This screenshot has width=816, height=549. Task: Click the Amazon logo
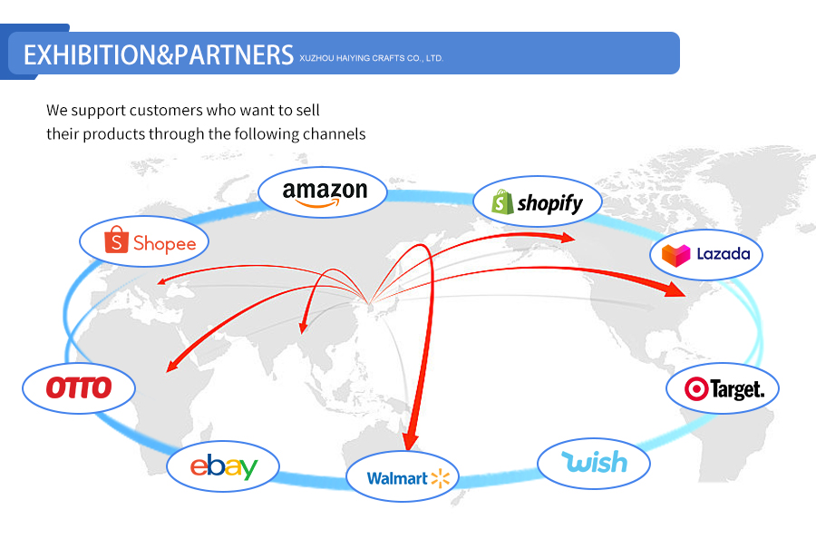point(323,192)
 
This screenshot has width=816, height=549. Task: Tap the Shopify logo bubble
point(537,201)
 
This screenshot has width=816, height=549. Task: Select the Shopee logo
point(143,241)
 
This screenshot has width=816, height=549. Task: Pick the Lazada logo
point(705,254)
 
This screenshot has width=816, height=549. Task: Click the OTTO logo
point(79,388)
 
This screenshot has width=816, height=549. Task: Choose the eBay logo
point(223,466)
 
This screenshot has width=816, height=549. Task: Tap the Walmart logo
point(402,477)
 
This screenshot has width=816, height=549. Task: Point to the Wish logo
point(594,462)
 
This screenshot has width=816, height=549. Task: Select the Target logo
point(723,389)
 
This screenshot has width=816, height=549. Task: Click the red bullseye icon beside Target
point(695,389)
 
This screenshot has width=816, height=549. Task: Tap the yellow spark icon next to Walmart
point(441,477)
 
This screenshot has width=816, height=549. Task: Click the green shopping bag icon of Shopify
point(503,201)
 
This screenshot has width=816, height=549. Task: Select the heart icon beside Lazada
point(675,255)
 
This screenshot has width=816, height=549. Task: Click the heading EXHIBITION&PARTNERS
point(158,54)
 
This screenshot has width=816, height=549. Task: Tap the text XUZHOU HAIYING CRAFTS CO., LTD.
point(371,58)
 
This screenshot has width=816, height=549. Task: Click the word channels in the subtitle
point(336,134)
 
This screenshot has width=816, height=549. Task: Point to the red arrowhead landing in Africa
point(170,367)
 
